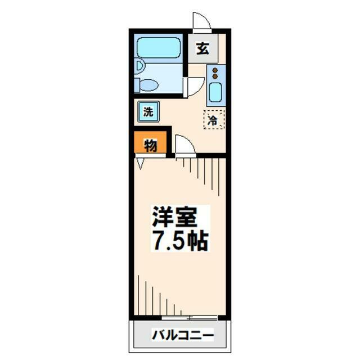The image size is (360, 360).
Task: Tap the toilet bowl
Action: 150,85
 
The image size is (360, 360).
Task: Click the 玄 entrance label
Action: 202,49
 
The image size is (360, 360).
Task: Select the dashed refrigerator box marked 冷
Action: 213,119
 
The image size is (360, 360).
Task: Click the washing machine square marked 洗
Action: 148,111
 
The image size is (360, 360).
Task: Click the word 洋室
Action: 181,217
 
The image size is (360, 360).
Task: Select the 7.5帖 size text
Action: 181,241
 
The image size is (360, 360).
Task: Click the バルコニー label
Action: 182,336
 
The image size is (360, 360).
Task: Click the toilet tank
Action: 139,85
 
